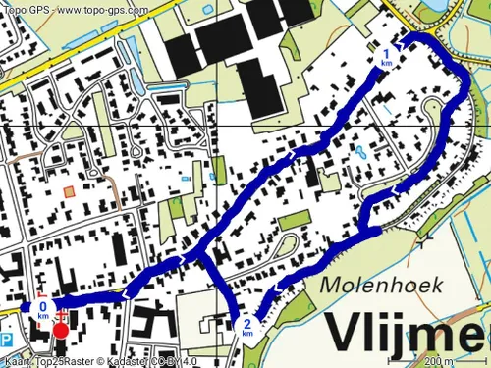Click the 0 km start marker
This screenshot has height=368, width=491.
pos(42,310)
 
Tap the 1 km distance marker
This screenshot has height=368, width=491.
pos(387,57)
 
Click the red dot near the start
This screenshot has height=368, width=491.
pos(61,330)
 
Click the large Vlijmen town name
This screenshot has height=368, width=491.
pos(407,332)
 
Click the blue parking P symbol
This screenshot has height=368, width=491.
pos(7,340)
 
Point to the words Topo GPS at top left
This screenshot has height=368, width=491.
pos(24,10)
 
